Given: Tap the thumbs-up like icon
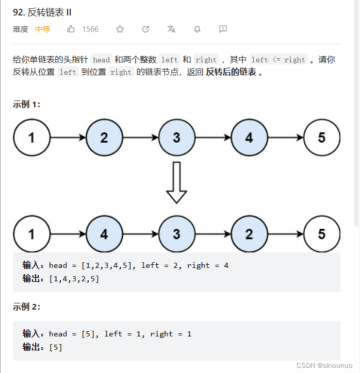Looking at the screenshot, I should (x=71, y=29).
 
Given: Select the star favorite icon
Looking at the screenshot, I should (x=120, y=29).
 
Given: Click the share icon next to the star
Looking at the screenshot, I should (x=145, y=29).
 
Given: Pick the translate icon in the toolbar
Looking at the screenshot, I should (x=171, y=29).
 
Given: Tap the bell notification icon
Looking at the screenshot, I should (x=197, y=29).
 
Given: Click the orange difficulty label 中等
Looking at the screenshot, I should (x=42, y=29).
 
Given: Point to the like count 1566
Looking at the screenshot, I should (x=90, y=29).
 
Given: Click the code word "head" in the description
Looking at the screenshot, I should (x=102, y=60).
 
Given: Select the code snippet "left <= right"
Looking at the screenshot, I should (x=279, y=60).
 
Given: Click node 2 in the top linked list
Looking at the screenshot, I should (x=104, y=138).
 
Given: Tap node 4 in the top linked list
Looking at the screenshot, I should (x=249, y=138).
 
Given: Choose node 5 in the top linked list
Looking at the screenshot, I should (x=322, y=138).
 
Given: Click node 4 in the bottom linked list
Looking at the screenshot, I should (x=104, y=234).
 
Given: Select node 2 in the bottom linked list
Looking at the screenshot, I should (x=249, y=234).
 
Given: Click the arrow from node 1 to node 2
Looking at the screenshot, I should (x=68, y=138).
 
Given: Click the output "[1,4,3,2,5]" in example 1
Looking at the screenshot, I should (x=74, y=279).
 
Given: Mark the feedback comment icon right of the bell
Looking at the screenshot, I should (x=223, y=29).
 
